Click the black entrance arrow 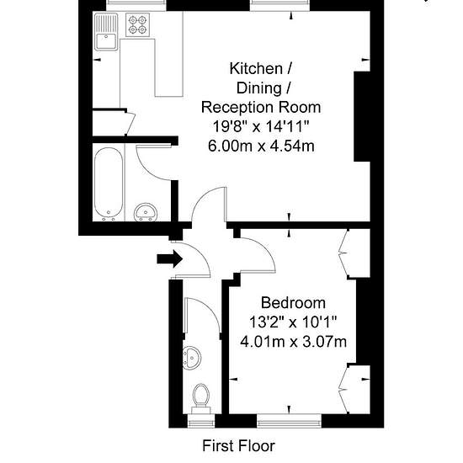[x=169, y=259]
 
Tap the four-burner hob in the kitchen [x=137, y=24]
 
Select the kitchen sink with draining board [x=106, y=32]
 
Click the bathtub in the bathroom [x=109, y=184]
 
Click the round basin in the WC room [x=192, y=358]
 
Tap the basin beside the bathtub [x=146, y=212]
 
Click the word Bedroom [x=293, y=303]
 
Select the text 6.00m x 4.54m [x=261, y=146]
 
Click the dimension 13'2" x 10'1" [x=293, y=322]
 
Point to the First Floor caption [x=238, y=446]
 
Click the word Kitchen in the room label [x=256, y=68]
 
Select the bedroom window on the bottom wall [x=289, y=421]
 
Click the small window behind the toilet [x=201, y=421]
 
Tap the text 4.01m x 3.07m [x=293, y=342]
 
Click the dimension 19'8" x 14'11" [x=261, y=126]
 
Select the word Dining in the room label [x=259, y=88]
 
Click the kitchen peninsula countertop [x=168, y=67]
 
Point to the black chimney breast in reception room [x=362, y=116]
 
